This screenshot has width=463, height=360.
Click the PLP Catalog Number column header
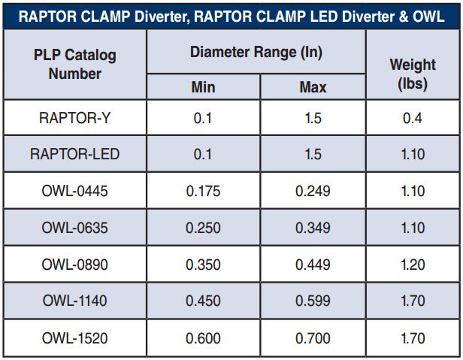click(75, 65)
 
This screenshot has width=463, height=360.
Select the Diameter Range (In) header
click(256, 53)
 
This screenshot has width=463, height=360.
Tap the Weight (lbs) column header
click(412, 74)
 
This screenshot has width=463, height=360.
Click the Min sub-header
click(203, 87)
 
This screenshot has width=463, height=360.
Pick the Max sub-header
click(313, 87)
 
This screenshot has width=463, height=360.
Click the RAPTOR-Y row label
click(75, 118)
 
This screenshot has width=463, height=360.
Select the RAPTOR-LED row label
click(75, 155)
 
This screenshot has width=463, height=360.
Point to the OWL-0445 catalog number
click(75, 192)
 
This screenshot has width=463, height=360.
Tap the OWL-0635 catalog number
click(75, 228)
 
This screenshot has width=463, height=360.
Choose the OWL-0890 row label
click(75, 265)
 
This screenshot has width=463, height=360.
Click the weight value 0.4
click(412, 118)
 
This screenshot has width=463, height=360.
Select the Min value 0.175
click(203, 192)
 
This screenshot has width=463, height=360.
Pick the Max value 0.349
click(313, 228)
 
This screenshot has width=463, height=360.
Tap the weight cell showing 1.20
click(412, 265)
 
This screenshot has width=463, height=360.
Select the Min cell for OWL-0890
click(203, 265)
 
